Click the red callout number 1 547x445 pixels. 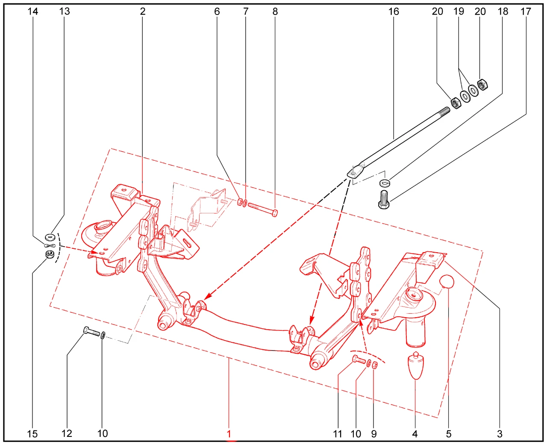[x=229, y=434]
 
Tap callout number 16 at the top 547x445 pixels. [x=394, y=12]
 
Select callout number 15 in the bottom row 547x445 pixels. [x=32, y=434]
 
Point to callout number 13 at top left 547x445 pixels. [x=65, y=11]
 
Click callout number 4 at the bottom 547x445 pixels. [x=415, y=434]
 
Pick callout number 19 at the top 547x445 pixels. [x=459, y=11]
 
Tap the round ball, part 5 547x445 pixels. [x=447, y=282]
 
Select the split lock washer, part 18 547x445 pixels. [x=385, y=183]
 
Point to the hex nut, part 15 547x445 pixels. [x=49, y=254]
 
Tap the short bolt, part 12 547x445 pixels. [x=92, y=332]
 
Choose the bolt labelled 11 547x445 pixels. [x=359, y=360]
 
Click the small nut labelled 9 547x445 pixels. [x=375, y=365]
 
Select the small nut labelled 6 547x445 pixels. [x=240, y=202]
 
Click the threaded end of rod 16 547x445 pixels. [x=444, y=111]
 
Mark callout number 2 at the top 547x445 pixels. [x=143, y=11]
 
